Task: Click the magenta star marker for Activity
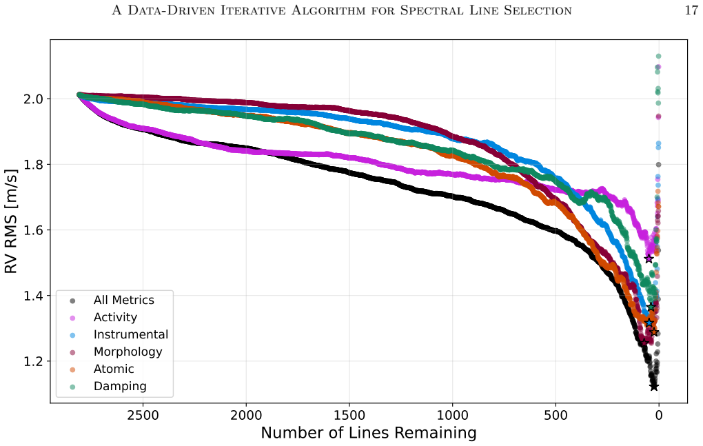click(649, 259)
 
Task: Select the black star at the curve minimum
click(653, 387)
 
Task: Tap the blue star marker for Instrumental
click(649, 323)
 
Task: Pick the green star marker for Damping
click(651, 307)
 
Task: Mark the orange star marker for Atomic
click(654, 332)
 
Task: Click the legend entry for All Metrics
click(124, 301)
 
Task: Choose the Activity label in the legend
click(115, 317)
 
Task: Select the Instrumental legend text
click(131, 335)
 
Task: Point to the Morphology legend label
click(128, 352)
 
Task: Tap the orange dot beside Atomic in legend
click(72, 369)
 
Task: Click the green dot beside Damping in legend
click(72, 387)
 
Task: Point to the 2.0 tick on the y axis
click(32, 99)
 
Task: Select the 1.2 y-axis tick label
click(32, 361)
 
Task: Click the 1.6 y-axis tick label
click(32, 230)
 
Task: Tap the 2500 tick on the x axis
click(143, 416)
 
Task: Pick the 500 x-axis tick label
click(556, 416)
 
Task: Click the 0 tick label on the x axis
click(659, 416)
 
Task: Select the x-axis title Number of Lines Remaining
click(369, 433)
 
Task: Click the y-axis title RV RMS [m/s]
click(11, 221)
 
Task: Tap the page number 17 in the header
click(691, 10)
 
